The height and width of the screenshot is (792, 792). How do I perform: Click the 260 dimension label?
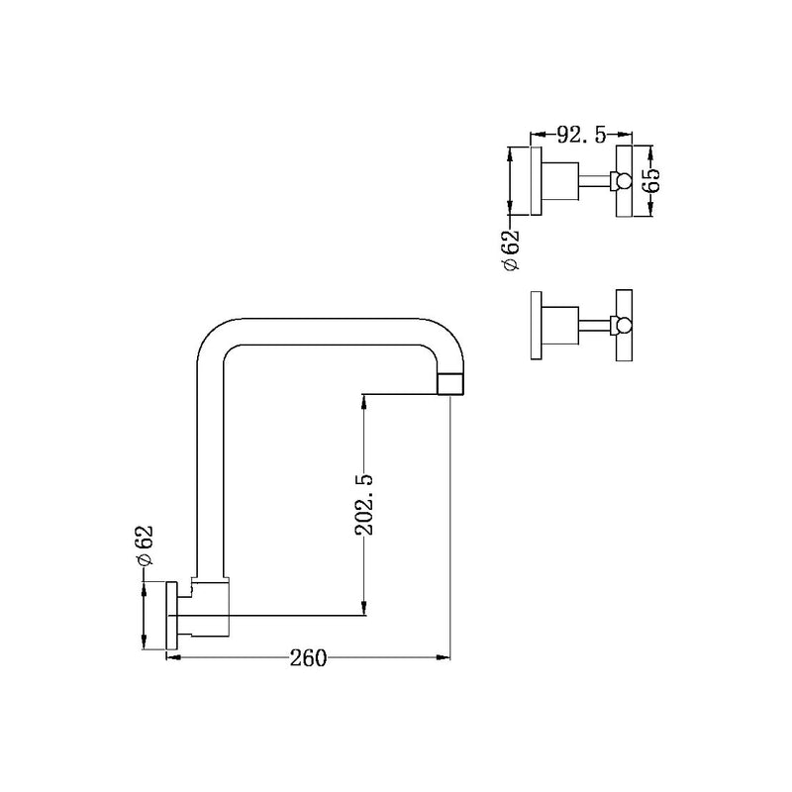click(309, 657)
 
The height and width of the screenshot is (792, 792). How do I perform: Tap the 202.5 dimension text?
click(364, 504)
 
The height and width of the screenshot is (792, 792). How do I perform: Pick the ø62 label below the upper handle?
click(512, 251)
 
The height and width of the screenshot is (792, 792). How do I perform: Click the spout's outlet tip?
click(450, 383)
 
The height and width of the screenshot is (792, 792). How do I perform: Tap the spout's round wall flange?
click(171, 617)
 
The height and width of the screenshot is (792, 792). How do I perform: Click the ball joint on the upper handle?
click(621, 179)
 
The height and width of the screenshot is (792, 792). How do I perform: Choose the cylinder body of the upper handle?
click(561, 179)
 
